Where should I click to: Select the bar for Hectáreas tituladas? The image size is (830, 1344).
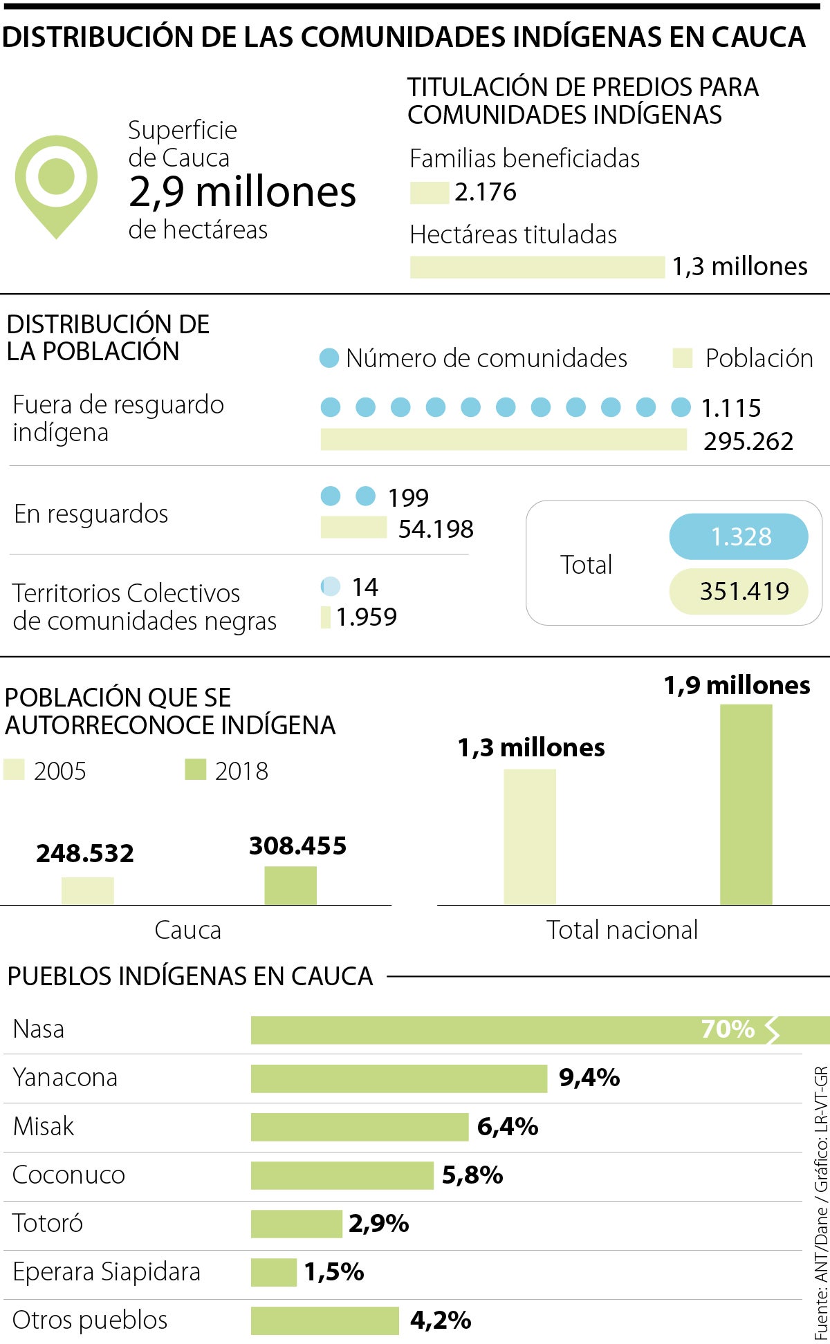[x=537, y=267]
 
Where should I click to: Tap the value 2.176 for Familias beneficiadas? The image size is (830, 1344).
[x=486, y=192]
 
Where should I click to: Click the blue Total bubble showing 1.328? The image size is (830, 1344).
[x=739, y=536]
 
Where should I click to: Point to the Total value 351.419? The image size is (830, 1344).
[x=739, y=591]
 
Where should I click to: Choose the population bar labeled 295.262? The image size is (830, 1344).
[x=504, y=440]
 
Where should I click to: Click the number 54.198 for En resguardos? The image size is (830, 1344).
[x=436, y=530]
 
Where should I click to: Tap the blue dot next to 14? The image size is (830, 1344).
[x=331, y=586]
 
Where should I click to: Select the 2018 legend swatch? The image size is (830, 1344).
[x=196, y=769]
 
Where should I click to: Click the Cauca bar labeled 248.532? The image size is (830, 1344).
[x=88, y=890]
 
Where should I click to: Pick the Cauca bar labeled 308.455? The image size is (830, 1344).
[x=290, y=886]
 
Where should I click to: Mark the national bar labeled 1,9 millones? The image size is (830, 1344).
[x=746, y=804]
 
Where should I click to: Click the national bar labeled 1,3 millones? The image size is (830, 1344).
[x=530, y=837]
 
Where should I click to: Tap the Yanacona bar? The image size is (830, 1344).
[x=398, y=1079]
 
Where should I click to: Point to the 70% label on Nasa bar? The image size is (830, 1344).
[x=728, y=1029]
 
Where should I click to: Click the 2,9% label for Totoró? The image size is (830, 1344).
[x=378, y=1224]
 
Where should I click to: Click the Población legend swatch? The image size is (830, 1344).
[x=683, y=358]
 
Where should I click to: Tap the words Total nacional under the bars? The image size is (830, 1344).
[x=622, y=931]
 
